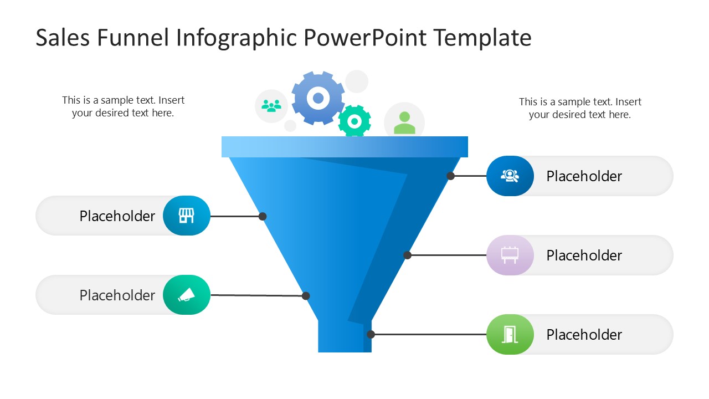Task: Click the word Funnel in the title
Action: pyautogui.click(x=133, y=38)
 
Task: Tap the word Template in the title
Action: pyautogui.click(x=482, y=38)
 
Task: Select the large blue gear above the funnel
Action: pyautogui.click(x=318, y=98)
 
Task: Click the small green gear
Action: pyautogui.click(x=354, y=121)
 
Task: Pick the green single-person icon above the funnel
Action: pyautogui.click(x=404, y=122)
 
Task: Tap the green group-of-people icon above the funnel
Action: pyautogui.click(x=271, y=105)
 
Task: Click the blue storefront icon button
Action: pyautogui.click(x=187, y=216)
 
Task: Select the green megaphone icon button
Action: pyautogui.click(x=187, y=295)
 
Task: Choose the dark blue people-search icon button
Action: pyautogui.click(x=510, y=176)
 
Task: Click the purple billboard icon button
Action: pyautogui.click(x=510, y=255)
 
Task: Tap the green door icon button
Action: pyautogui.click(x=510, y=334)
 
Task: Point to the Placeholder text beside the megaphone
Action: pyautogui.click(x=117, y=295)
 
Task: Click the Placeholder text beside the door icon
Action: pyautogui.click(x=584, y=335)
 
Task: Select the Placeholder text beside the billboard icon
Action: pyautogui.click(x=584, y=255)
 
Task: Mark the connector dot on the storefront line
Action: pyautogui.click(x=263, y=216)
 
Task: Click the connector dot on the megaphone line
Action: pyautogui.click(x=306, y=296)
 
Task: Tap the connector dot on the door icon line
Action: pyautogui.click(x=371, y=334)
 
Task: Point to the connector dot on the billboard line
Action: pyautogui.click(x=407, y=255)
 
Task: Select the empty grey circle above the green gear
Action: pyautogui.click(x=357, y=81)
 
